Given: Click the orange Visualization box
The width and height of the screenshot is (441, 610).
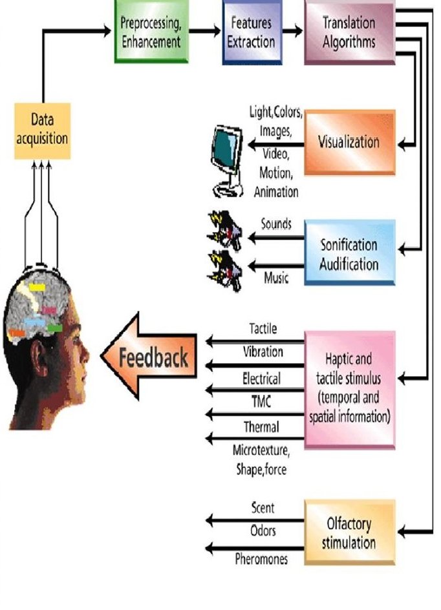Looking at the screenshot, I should (349, 142).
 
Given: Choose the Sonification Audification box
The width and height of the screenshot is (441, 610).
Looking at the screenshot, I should (349, 253).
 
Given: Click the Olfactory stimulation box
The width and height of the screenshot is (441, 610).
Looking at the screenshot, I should (349, 531).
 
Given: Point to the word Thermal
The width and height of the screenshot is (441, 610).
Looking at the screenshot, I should (261, 426).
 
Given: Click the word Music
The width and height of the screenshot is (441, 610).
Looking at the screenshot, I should (275, 279).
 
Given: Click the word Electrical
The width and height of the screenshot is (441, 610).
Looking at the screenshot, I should (261, 377).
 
